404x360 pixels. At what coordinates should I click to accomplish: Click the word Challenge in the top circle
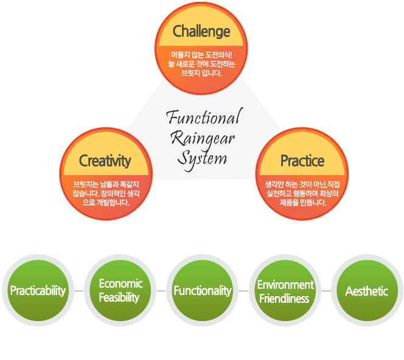[x=201, y=32]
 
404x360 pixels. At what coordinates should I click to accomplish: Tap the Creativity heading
[x=105, y=161]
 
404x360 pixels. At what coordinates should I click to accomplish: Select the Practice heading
[x=302, y=161]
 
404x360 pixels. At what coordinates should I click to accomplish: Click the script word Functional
[x=205, y=116]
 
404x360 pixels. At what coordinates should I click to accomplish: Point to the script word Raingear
[x=203, y=138]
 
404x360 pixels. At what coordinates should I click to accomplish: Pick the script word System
[x=202, y=158]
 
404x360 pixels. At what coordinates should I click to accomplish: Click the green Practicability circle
[x=38, y=291]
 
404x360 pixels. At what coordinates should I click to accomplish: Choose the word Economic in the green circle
[x=120, y=283]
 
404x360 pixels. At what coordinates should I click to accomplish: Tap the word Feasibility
[x=119, y=298]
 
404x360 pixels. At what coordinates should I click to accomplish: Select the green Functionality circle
[x=203, y=291]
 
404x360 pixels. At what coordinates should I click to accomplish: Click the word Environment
[x=285, y=285]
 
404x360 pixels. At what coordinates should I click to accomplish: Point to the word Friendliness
[x=284, y=299]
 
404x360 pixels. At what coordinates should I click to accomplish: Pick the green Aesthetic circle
[x=367, y=291]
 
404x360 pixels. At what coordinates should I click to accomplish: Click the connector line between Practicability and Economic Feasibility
[x=79, y=291]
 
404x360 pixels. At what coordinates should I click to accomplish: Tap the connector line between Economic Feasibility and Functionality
[x=161, y=291]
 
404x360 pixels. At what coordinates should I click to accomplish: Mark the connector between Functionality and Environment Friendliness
[x=244, y=291]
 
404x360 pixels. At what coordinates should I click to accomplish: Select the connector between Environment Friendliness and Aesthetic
[x=326, y=291]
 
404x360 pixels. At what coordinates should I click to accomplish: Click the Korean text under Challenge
[x=201, y=64]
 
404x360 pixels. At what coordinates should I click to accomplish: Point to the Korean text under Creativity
[x=106, y=193]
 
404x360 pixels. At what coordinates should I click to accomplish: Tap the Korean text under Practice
[x=302, y=193]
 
